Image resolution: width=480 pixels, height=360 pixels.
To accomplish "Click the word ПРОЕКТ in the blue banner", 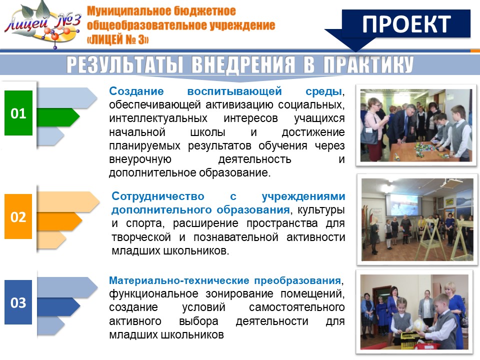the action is tap(406, 24).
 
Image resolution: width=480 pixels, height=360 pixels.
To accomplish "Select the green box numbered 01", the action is tap(18, 113).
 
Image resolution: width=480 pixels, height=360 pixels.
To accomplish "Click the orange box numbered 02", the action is tap(18, 216).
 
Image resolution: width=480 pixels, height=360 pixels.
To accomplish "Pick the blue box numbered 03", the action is tap(18, 302).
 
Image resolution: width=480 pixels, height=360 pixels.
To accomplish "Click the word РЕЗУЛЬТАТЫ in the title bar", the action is tap(125, 64).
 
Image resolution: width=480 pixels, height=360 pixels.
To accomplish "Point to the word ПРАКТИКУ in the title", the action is tap(368, 64).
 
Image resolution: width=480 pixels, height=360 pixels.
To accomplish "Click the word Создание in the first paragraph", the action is tap(136, 91).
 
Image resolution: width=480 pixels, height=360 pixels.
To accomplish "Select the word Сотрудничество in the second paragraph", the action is tap(158, 196).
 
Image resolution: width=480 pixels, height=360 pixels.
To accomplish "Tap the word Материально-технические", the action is tap(179, 280).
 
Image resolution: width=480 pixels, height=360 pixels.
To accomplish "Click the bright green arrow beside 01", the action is tap(58, 117).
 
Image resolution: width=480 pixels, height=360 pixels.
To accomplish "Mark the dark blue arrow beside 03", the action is tap(58, 306).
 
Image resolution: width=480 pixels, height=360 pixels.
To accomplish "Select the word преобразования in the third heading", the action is tap(297, 280).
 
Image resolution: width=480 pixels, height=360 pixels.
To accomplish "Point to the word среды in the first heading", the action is tap(323, 91).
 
